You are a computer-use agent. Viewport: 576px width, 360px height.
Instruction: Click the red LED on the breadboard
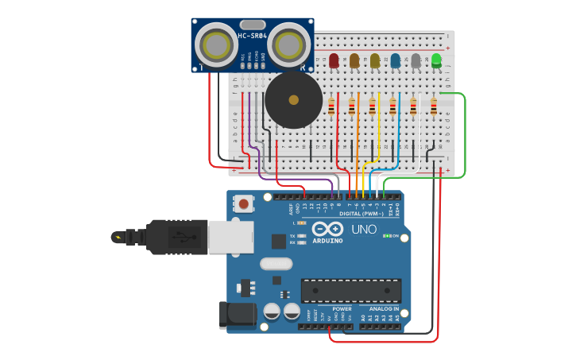pyautogui.click(x=334, y=60)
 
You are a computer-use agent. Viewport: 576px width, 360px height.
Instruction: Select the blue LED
pyautogui.click(x=395, y=60)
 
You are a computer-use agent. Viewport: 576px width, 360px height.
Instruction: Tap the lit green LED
pyautogui.click(x=436, y=60)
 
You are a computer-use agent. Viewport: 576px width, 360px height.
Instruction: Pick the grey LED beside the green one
pyautogui.click(x=416, y=60)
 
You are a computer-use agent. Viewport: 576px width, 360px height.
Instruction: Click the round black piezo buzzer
pyautogui.click(x=293, y=100)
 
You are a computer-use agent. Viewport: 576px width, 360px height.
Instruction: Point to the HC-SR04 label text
pyautogui.click(x=253, y=36)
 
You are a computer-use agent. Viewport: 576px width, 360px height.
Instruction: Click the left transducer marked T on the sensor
pyautogui.click(x=215, y=45)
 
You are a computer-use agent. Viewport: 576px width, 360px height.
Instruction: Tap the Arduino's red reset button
pyautogui.click(x=245, y=204)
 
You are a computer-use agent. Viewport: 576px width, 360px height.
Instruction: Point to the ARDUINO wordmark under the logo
pyautogui.click(x=327, y=240)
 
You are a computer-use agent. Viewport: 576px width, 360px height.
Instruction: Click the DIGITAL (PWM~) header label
pyautogui.click(x=361, y=214)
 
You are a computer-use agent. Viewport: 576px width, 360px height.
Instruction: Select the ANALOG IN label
pyautogui.click(x=384, y=308)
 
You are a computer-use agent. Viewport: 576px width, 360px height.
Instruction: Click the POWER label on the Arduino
pyautogui.click(x=342, y=308)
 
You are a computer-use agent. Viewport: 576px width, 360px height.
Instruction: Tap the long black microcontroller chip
pyautogui.click(x=350, y=290)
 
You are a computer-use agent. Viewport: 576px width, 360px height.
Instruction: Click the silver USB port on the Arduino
pyautogui.click(x=230, y=236)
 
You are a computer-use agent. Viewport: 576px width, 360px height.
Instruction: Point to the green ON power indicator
pyautogui.click(x=392, y=236)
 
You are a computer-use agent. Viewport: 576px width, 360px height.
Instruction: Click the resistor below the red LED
pyautogui.click(x=331, y=106)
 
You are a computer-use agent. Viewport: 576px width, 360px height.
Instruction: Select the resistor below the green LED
pyautogui.click(x=433, y=106)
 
